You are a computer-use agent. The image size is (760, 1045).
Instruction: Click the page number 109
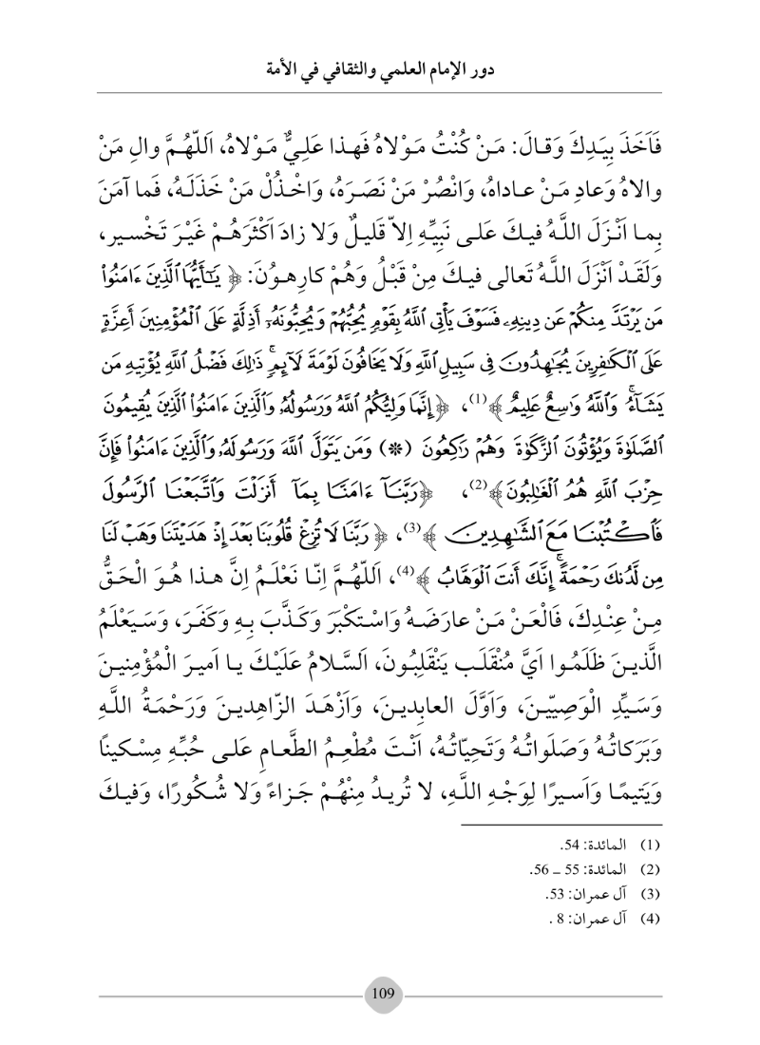pyautogui.click(x=383, y=988)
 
